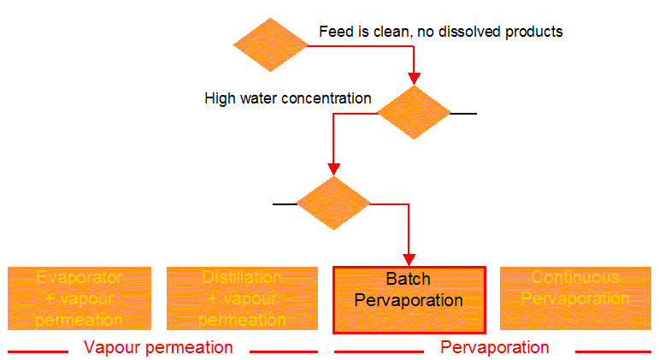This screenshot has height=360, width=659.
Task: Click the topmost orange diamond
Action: [270, 44]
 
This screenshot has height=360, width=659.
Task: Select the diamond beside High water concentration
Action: [414, 113]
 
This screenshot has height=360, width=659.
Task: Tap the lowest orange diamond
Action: [333, 204]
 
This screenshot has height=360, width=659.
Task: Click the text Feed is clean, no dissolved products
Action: [441, 32]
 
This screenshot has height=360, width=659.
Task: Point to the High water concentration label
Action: [288, 98]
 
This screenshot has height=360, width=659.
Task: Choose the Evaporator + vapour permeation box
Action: [79, 299]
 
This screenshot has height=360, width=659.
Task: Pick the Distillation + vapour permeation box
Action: [242, 299]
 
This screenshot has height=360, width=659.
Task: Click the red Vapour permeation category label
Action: [158, 347]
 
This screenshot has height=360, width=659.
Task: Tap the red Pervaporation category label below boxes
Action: [494, 347]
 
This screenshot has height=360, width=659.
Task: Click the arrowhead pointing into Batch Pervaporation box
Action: [409, 259]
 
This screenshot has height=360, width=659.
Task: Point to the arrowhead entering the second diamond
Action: [414, 79]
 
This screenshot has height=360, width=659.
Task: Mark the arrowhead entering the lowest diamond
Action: [333, 169]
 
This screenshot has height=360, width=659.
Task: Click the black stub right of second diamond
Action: [463, 113]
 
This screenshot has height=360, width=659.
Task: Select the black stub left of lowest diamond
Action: [285, 204]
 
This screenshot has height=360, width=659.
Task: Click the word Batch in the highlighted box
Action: [409, 280]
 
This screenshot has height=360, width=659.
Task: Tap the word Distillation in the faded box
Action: [242, 278]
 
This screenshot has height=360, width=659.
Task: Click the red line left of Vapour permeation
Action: [38, 351]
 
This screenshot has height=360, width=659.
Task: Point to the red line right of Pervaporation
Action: [613, 351]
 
